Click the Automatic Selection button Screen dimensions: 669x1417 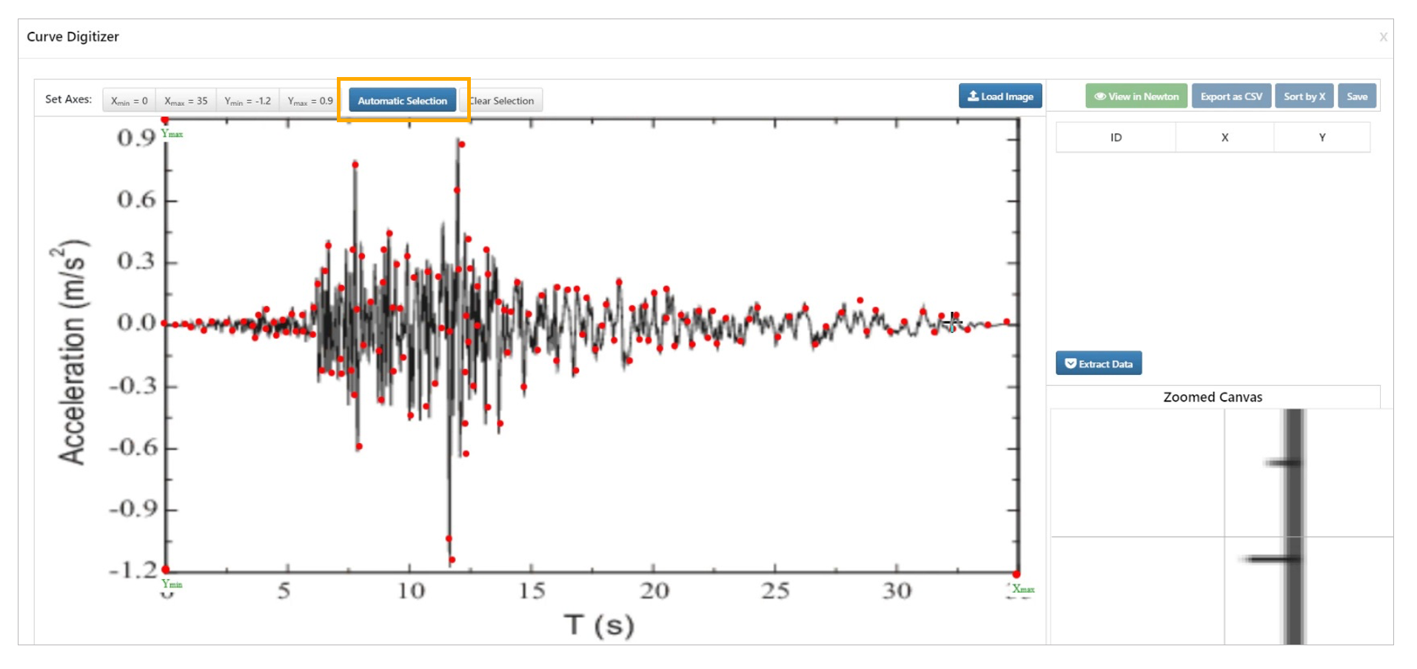(x=402, y=101)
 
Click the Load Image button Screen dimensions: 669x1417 (x=1000, y=96)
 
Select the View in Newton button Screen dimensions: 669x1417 (x=1136, y=96)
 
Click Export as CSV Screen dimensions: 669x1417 (x=1231, y=96)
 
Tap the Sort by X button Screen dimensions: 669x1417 (x=1304, y=96)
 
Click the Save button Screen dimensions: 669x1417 (x=1356, y=96)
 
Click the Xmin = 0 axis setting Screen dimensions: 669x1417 (x=130, y=101)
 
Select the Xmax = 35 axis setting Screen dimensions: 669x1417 (x=186, y=101)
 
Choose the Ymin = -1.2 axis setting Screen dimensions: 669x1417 (x=247, y=101)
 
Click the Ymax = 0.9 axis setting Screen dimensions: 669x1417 (x=309, y=101)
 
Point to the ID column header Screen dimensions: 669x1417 (x=1116, y=138)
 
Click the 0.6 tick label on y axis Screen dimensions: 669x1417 (x=137, y=200)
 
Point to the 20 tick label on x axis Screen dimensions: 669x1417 (x=654, y=591)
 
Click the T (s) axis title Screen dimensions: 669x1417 (x=599, y=625)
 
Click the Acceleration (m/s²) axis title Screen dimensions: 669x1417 (x=72, y=352)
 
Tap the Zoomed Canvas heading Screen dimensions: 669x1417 (x=1212, y=397)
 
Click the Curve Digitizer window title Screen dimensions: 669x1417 (x=73, y=37)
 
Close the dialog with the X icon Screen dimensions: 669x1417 (x=1383, y=37)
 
